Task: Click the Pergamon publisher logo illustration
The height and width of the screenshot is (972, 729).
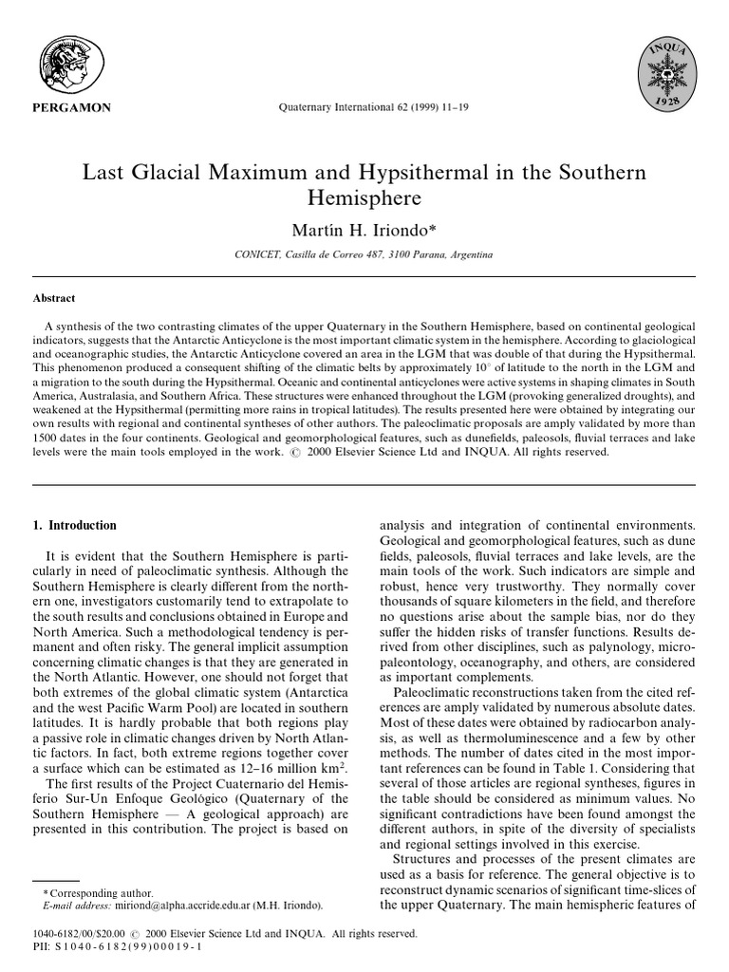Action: (x=72, y=65)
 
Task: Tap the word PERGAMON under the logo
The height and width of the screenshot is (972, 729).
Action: (x=73, y=107)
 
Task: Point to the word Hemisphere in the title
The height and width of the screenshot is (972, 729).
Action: (x=364, y=199)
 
